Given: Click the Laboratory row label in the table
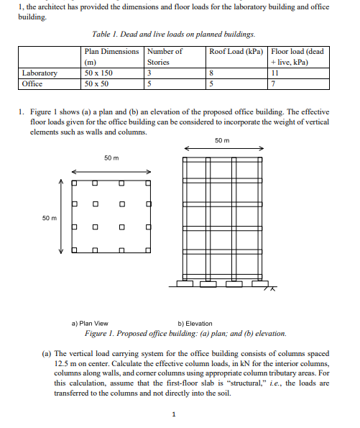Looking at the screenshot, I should pos(40,73).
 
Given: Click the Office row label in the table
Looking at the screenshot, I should pos(33,83).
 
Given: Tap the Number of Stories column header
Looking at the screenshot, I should pos(165,57).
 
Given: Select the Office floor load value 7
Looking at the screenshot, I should pos(274,83).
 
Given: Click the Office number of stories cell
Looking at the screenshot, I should pos(149,83).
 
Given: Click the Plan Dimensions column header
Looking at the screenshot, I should pos(111,57).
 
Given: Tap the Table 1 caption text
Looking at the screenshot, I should pos(173,35).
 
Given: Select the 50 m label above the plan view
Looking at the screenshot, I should pos(111,158).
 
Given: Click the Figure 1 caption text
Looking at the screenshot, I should pos(185,334).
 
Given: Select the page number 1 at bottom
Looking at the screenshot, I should pos(174,414).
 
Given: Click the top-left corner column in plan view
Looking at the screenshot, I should pos(73,183).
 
